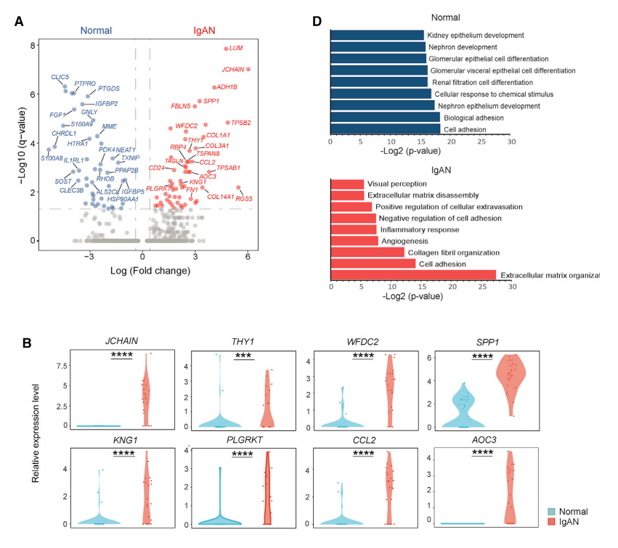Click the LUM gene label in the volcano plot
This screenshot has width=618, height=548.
(236, 48)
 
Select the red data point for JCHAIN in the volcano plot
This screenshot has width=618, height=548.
(248, 70)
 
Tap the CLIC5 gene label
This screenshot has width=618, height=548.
(60, 76)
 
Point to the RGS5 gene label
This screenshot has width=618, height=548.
(245, 197)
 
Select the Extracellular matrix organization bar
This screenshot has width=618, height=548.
(413, 275)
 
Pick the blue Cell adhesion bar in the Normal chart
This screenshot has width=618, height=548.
(386, 128)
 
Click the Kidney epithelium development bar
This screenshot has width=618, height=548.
(377, 35)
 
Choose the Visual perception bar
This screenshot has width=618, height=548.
(347, 184)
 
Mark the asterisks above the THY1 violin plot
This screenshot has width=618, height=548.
(244, 356)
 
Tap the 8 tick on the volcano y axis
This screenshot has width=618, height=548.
(33, 45)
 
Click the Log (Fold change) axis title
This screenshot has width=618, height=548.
(150, 271)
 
